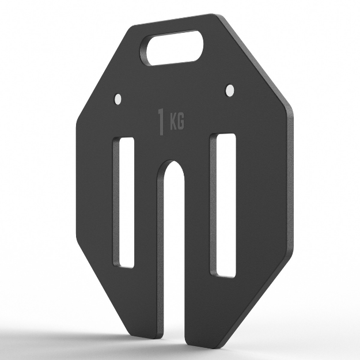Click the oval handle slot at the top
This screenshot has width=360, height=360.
[x=171, y=48]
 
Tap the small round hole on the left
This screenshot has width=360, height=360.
[x=118, y=99]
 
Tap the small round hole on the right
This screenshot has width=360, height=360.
[x=230, y=90]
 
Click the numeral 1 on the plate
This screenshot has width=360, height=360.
[x=161, y=122]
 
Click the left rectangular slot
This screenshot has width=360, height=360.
[x=123, y=202]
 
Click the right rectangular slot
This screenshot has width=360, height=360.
[x=223, y=205]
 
